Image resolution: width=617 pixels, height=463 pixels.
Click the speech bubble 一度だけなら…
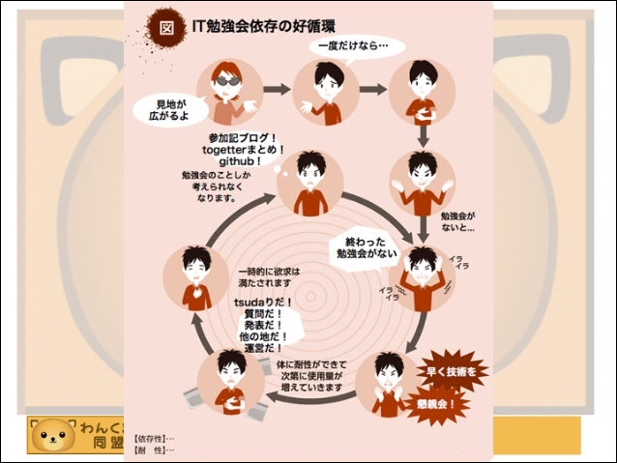click(x=349, y=44)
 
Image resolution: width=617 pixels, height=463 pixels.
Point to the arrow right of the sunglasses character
click(x=277, y=89)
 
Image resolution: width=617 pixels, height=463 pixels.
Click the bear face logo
click(x=53, y=436)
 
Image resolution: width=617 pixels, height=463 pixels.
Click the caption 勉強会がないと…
click(x=457, y=221)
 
